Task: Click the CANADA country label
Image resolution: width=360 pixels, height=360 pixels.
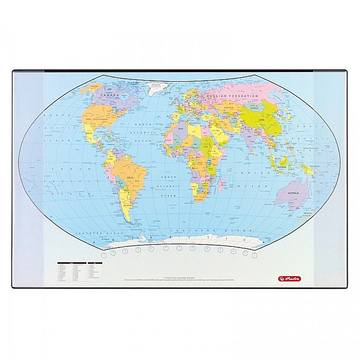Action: pyautogui.click(x=110, y=95)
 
